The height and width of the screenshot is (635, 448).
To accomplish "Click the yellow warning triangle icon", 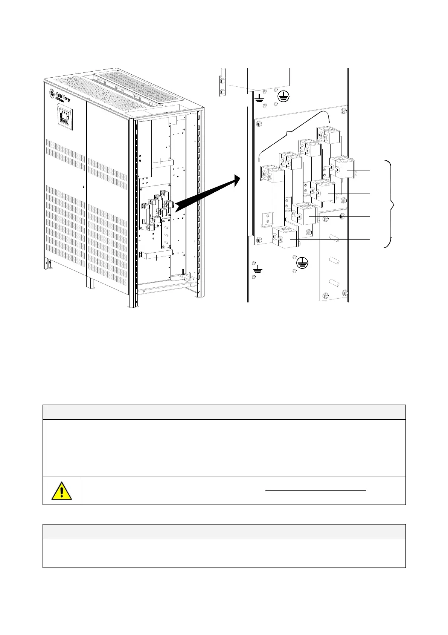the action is tap(61, 491).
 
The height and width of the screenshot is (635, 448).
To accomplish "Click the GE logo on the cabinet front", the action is tap(52, 94).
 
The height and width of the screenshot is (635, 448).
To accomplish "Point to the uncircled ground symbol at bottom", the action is tap(258, 269).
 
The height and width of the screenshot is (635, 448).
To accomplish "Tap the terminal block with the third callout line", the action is tap(306, 216).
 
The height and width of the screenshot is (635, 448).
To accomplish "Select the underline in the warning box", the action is tap(316, 490).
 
